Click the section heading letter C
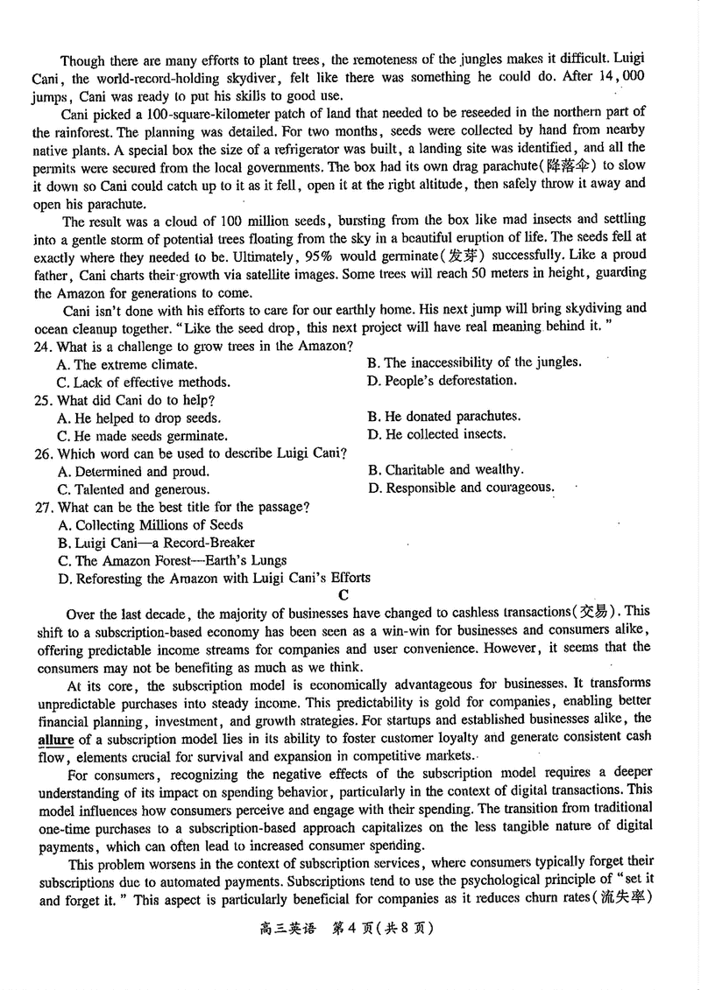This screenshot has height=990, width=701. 343,595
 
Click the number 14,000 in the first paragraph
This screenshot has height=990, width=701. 620,77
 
